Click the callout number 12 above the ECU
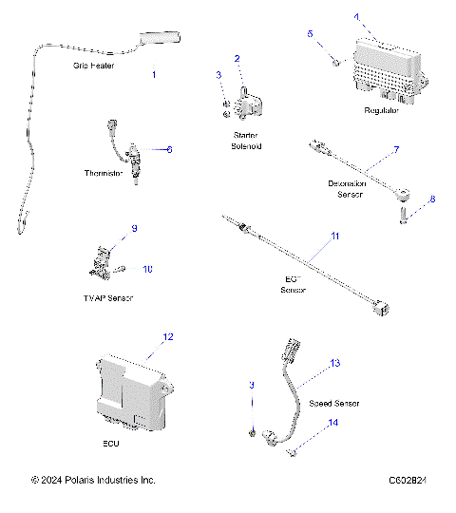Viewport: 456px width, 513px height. (168, 337)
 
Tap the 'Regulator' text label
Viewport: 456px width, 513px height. (382, 111)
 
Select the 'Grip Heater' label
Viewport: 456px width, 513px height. (92, 67)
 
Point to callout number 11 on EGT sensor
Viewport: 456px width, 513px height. (333, 235)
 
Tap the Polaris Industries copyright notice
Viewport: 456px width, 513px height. (93, 481)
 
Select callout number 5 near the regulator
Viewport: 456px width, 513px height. (309, 33)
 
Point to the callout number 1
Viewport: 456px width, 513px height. (155, 73)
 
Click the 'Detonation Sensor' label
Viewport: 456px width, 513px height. (351, 187)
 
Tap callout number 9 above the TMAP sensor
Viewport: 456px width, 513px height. (134, 229)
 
